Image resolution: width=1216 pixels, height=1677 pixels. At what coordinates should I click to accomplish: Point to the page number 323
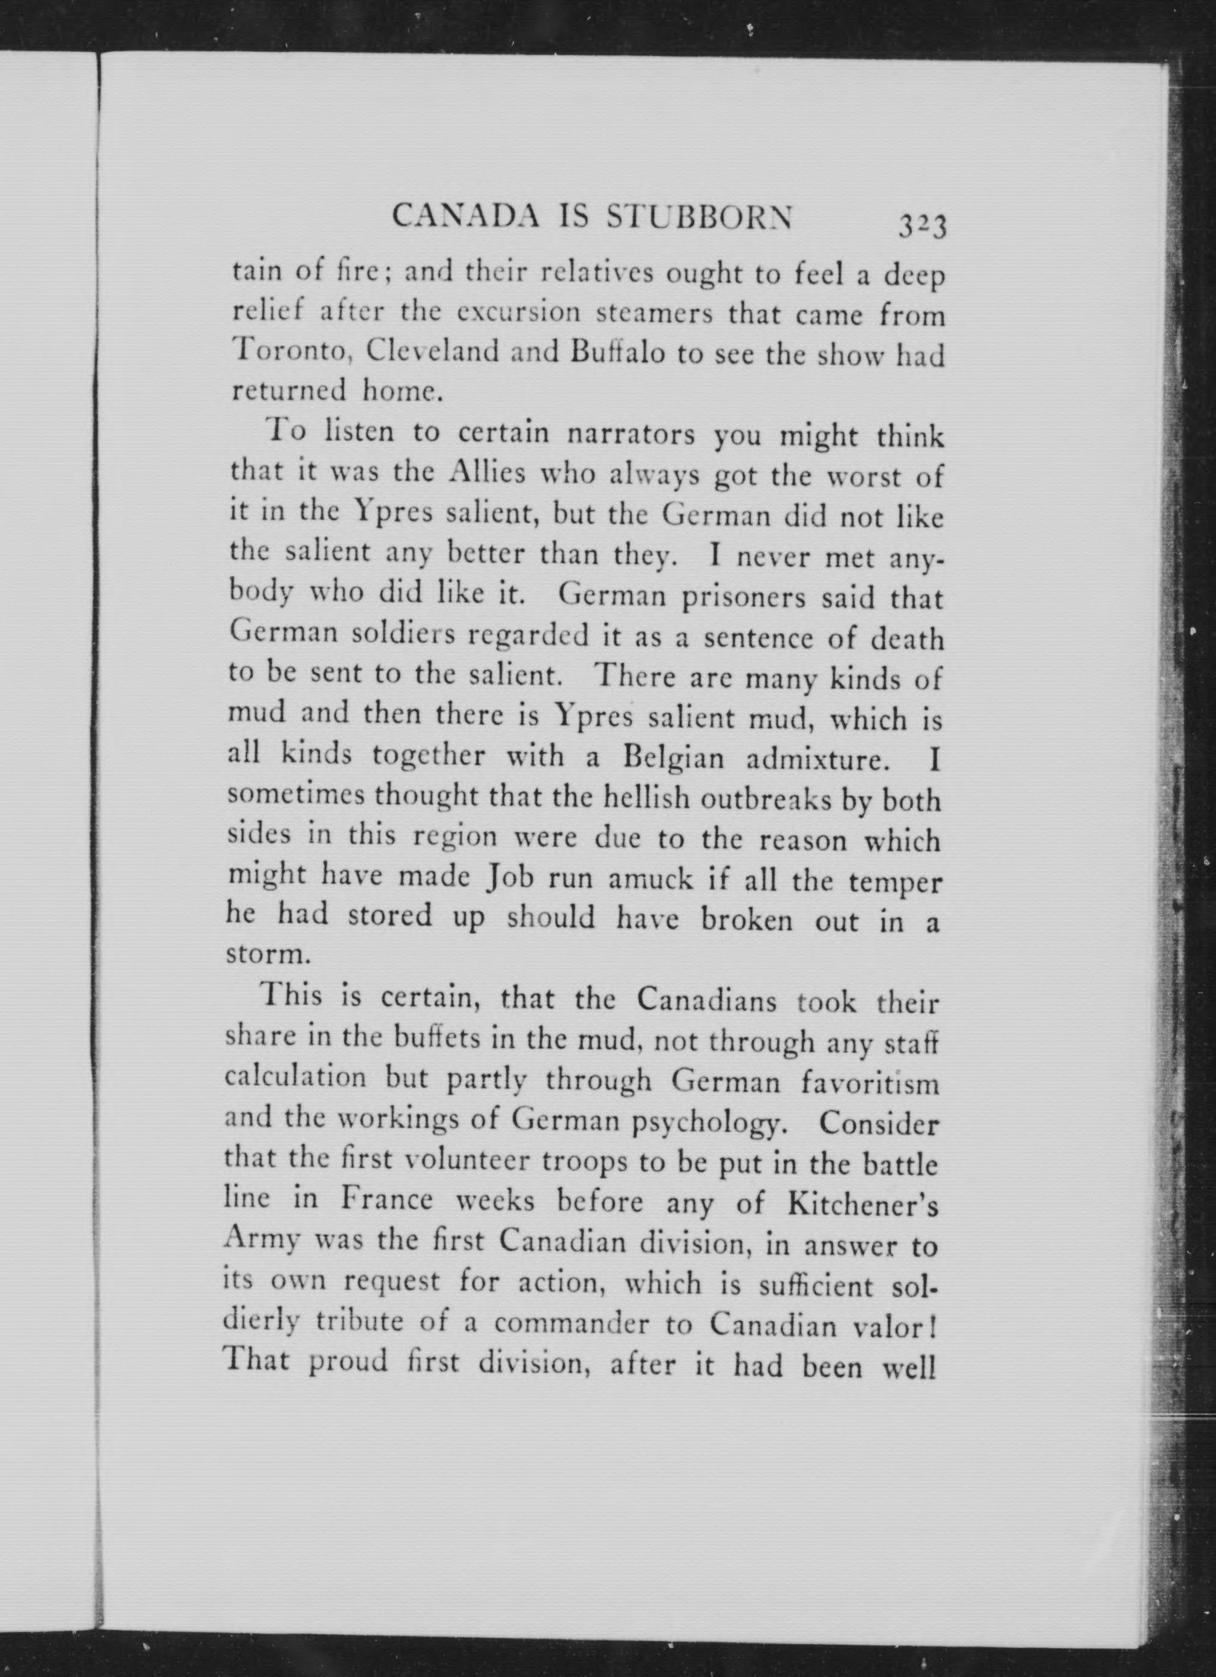(922, 224)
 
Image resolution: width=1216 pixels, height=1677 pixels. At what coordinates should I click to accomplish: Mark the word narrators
(630, 434)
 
